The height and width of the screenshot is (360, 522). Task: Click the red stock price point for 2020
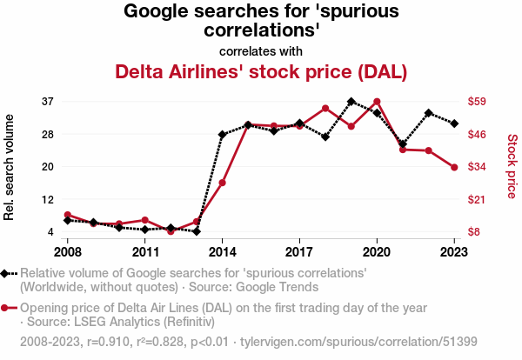(x=377, y=102)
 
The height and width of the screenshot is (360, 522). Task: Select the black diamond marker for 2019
(x=351, y=102)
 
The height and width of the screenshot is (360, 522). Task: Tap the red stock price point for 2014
(x=223, y=183)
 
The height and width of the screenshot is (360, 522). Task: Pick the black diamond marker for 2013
(x=197, y=231)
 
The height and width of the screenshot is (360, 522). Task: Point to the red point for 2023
(x=454, y=167)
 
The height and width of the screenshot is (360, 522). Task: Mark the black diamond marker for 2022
(x=428, y=113)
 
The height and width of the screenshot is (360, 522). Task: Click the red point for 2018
(x=325, y=109)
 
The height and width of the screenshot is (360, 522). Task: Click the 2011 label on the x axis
(x=144, y=252)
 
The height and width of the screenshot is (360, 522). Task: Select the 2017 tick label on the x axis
(x=299, y=252)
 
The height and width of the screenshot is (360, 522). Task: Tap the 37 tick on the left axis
(x=48, y=102)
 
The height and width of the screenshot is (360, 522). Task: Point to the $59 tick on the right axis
(x=477, y=101)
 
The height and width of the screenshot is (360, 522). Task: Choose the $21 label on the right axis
(x=477, y=200)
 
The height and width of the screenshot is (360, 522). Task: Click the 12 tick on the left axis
(x=48, y=200)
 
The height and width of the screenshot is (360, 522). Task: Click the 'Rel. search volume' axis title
(x=9, y=167)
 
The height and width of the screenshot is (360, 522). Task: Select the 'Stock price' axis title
(x=512, y=166)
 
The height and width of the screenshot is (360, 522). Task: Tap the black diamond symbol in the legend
(x=4, y=274)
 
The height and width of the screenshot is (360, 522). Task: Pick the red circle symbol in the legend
(x=4, y=308)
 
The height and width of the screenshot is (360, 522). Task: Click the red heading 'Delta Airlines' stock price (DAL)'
(x=261, y=72)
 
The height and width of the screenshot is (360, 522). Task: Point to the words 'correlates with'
(x=261, y=51)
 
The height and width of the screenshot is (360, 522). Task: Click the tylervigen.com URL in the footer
(x=358, y=342)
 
